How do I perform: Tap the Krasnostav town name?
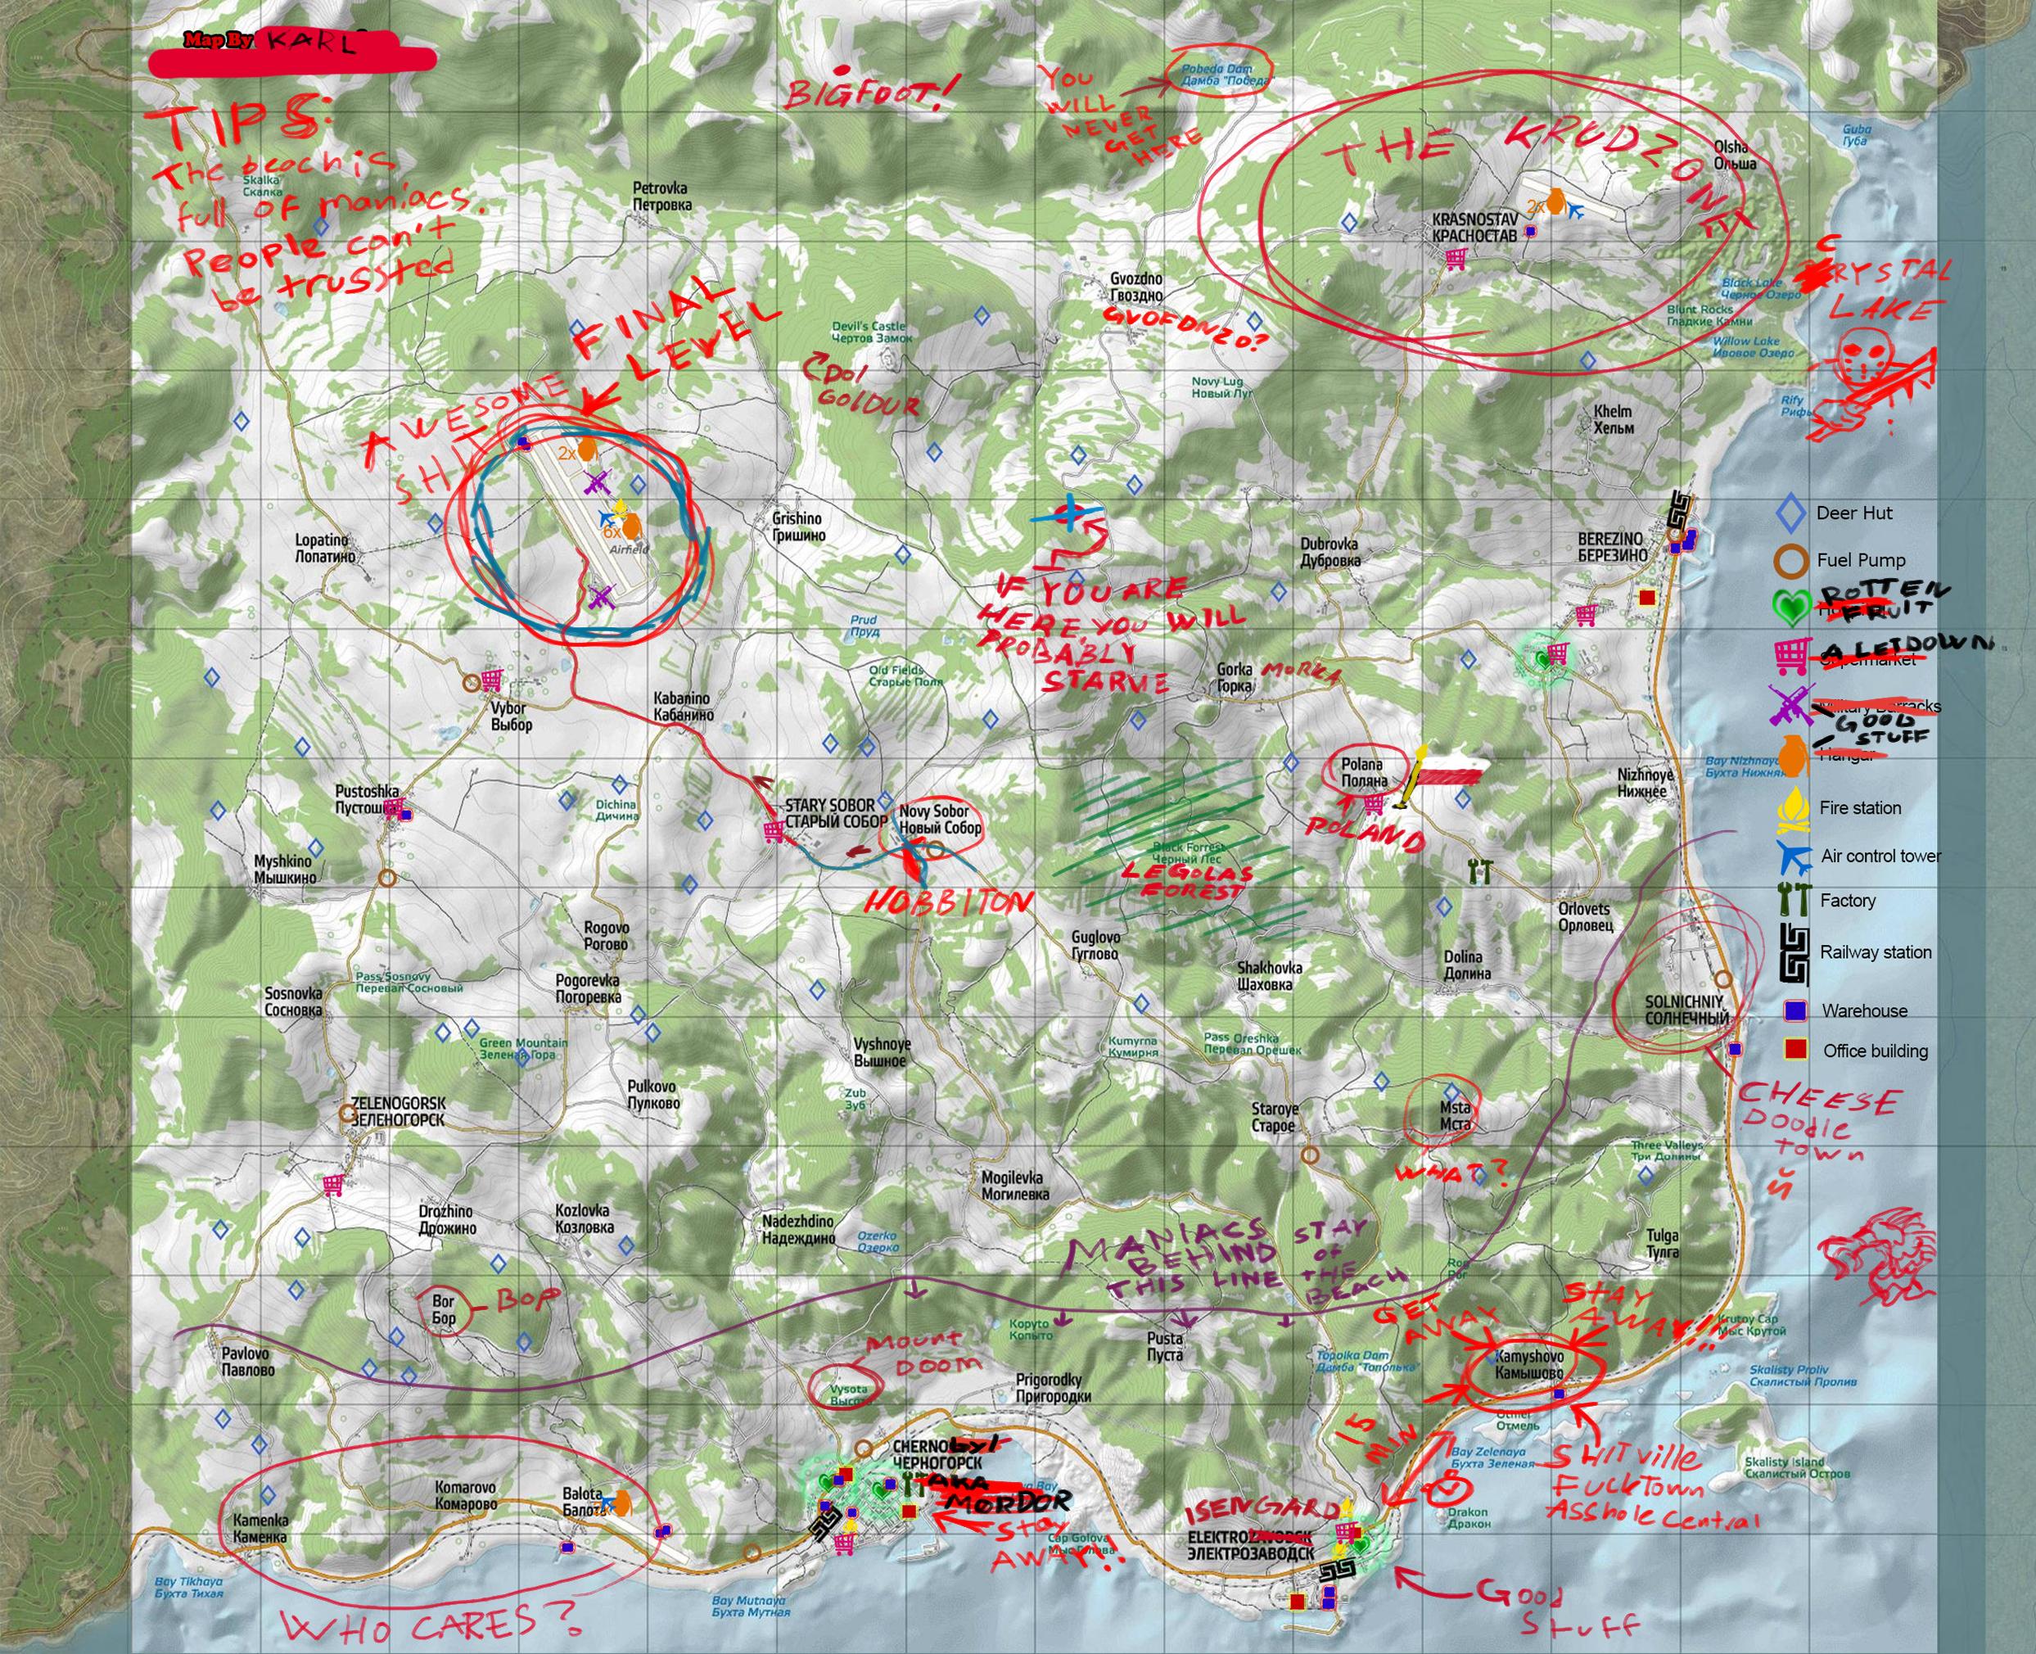1474,227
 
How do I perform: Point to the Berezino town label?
1610,547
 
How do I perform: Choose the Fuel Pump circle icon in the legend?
1792,560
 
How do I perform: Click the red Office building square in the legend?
1796,1050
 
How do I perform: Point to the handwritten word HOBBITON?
949,902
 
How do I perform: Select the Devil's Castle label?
871,332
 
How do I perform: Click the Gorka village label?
1234,677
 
